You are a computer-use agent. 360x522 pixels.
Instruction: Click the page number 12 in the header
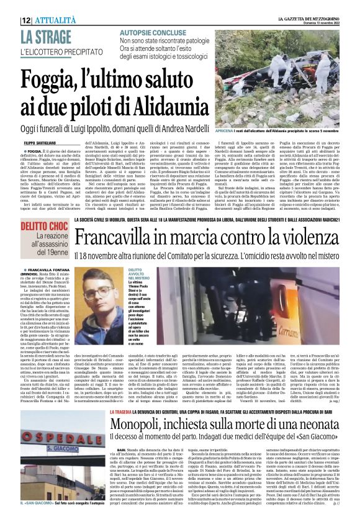(26, 20)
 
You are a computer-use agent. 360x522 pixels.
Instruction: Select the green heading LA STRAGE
(45, 37)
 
